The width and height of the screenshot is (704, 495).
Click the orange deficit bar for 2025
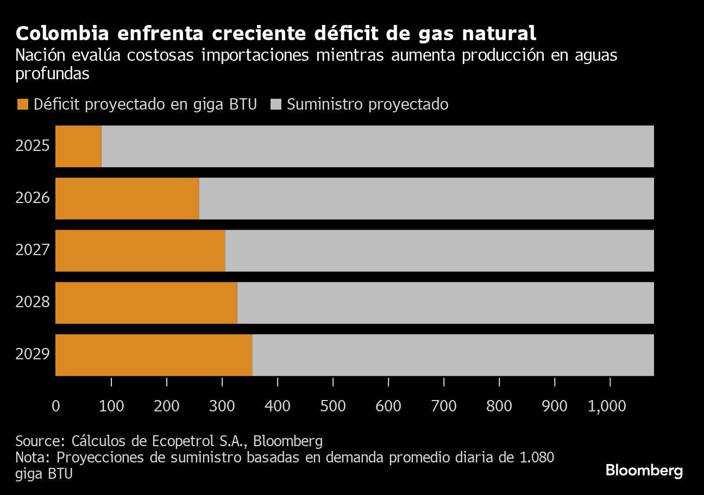[78, 146]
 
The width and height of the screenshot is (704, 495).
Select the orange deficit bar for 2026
[127, 198]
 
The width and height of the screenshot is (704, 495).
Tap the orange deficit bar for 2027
[140, 250]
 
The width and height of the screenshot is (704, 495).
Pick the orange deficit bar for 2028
[146, 302]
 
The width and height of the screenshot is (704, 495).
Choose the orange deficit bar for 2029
[154, 354]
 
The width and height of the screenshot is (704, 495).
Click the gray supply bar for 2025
[378, 146]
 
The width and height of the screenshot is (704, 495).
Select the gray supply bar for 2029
[452, 354]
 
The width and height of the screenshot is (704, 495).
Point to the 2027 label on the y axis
[33, 250]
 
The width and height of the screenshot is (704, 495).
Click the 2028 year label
[33, 302]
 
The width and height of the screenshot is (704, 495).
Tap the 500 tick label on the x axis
[332, 406]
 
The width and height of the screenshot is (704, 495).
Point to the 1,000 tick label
[607, 406]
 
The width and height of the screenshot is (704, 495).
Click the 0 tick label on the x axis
[55, 406]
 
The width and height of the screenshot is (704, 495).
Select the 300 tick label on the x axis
[222, 406]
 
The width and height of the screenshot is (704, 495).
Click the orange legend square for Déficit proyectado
[22, 104]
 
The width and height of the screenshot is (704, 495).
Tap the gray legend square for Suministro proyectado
[275, 104]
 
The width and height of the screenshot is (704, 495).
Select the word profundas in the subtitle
[52, 74]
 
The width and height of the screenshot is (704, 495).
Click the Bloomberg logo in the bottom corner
[644, 470]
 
